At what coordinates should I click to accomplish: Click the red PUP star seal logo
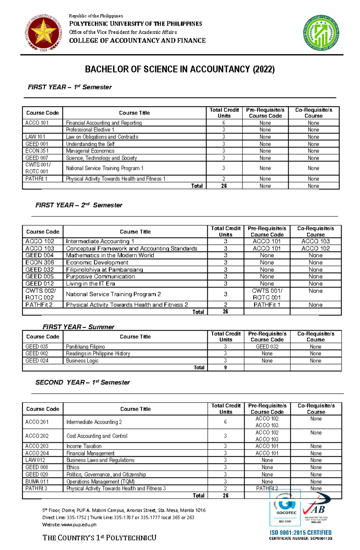tap(43, 33)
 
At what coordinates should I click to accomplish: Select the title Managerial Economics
tap(90, 151)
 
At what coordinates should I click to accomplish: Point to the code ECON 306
tap(40, 263)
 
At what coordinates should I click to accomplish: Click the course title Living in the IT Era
tap(90, 284)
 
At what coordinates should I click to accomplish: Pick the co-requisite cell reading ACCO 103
tap(315, 241)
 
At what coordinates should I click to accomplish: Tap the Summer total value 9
tap(225, 367)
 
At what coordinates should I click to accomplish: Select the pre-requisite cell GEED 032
tap(267, 347)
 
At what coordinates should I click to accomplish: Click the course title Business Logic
tap(82, 361)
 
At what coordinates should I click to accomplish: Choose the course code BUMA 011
tap(37, 482)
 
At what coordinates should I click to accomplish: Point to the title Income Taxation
tap(84, 446)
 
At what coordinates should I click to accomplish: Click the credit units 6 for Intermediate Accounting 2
tap(225, 422)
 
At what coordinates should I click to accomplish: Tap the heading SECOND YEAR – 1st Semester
tap(82, 382)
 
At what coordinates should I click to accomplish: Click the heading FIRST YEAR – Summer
tap(78, 327)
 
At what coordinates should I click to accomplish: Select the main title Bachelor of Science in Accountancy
tap(180, 70)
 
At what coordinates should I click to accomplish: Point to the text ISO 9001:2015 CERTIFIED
tap(300, 533)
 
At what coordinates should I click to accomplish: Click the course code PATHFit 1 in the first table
tap(36, 179)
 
